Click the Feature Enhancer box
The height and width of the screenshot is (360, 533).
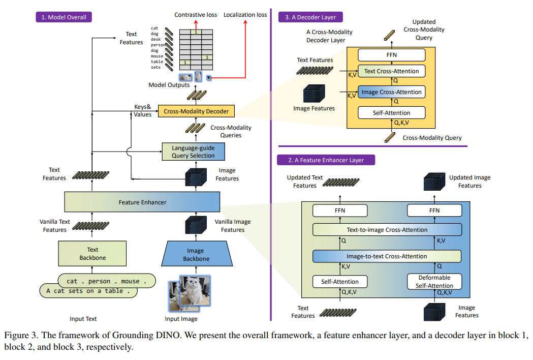pos(142,202)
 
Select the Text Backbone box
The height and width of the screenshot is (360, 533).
pos(92,253)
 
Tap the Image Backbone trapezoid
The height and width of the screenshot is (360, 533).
pos(196,254)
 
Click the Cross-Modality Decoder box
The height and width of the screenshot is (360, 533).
pos(193,111)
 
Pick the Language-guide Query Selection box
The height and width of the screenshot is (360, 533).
pos(193,152)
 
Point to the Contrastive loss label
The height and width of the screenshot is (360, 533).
pos(196,15)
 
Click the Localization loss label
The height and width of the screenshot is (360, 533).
pos(245,15)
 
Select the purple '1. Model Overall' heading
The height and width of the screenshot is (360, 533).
pos(64,17)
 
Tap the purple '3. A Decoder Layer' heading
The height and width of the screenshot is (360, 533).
pos(310,17)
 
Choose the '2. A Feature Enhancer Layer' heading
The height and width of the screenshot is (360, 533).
pos(326,160)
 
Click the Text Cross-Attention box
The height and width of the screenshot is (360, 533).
pos(391,71)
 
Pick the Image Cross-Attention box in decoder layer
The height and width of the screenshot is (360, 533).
pos(391,92)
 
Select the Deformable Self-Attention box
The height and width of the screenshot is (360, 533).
pos(435,282)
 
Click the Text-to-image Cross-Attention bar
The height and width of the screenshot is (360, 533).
pos(387,230)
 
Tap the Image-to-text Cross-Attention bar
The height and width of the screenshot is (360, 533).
pos(387,256)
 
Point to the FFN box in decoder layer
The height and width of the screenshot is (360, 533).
pos(391,54)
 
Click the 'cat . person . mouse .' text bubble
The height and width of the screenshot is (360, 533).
pos(106,281)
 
